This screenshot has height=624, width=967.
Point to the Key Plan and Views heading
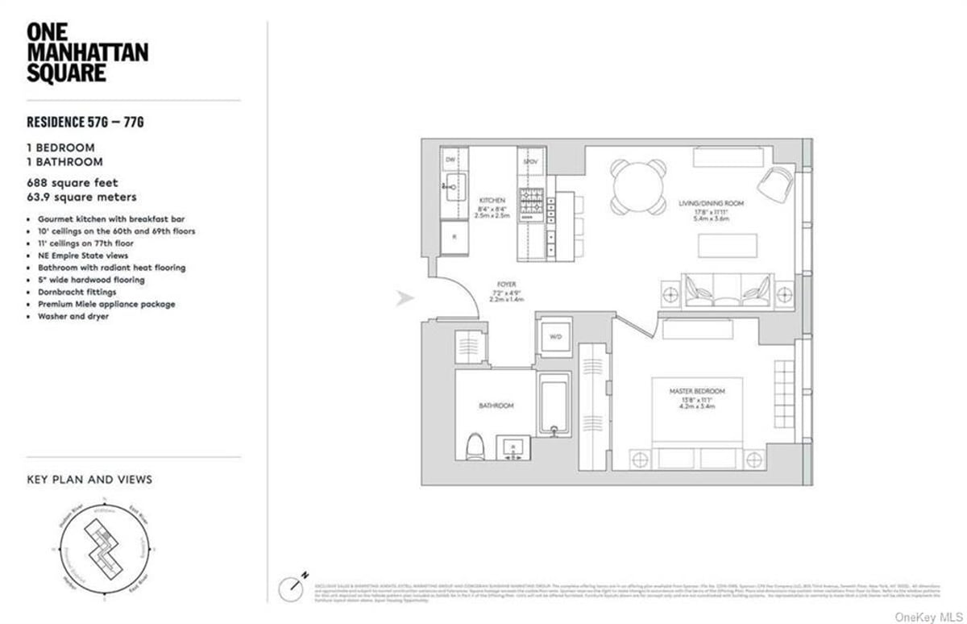pyautogui.click(x=89, y=479)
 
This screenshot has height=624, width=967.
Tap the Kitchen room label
pyautogui.click(x=492, y=199)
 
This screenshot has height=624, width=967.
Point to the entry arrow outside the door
pyautogui.click(x=405, y=299)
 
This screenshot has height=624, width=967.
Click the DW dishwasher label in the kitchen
pyautogui.click(x=450, y=160)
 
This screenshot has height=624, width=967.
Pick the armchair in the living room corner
pyautogui.click(x=774, y=185)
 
